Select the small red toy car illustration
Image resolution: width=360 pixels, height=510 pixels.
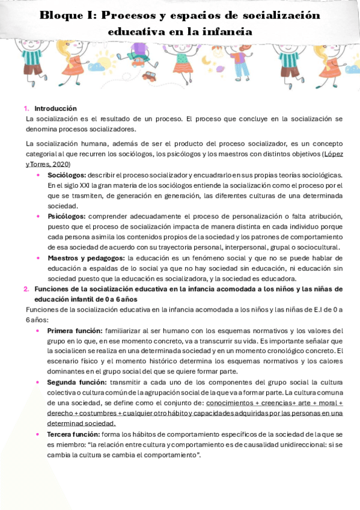click(149, 76)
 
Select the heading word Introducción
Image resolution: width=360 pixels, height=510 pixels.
click(55, 109)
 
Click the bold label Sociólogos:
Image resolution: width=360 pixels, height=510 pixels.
click(67, 174)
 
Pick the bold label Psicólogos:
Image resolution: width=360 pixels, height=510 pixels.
click(66, 216)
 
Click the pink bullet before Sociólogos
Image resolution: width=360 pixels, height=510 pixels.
click(39, 174)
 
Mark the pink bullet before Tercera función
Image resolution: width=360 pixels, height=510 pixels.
click(39, 434)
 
